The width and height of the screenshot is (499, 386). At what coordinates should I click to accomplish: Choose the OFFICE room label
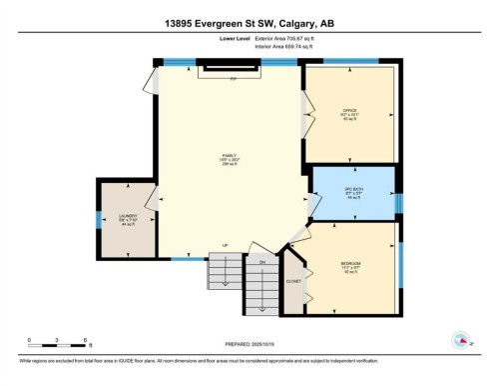click(349, 112)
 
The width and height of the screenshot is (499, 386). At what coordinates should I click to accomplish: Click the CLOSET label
click(293, 282)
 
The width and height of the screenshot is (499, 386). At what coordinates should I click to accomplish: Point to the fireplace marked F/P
click(233, 72)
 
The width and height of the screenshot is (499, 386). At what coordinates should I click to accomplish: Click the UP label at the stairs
click(226, 246)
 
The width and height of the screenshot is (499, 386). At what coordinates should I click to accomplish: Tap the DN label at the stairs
click(262, 262)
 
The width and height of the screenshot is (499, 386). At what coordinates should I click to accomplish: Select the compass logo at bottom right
click(460, 339)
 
